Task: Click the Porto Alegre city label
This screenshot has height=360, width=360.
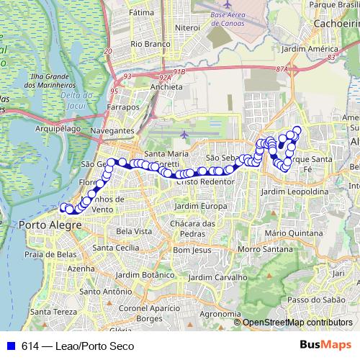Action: click(48, 225)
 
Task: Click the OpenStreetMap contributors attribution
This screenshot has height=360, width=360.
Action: click(297, 323)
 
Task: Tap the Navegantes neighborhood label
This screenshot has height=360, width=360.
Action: click(113, 130)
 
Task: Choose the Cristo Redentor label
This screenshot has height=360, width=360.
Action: click(204, 181)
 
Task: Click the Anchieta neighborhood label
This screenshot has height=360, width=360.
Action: click(166, 87)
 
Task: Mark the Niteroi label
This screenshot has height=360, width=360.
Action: click(186, 27)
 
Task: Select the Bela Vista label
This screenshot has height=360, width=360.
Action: click(134, 231)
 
